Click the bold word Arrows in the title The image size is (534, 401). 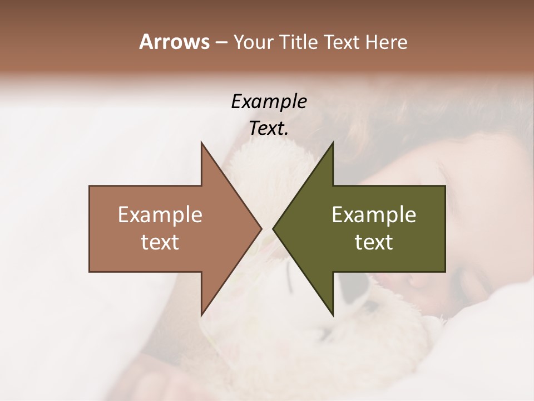click(174, 42)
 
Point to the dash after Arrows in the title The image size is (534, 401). click(221, 42)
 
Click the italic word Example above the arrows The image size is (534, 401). click(269, 101)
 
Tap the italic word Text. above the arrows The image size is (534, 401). click(269, 128)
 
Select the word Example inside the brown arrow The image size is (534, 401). click(160, 215)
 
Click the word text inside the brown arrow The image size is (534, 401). click(160, 242)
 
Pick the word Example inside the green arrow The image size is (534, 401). click(374, 215)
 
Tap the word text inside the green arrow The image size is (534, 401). click(374, 242)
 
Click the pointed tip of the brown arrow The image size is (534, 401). click(261, 228)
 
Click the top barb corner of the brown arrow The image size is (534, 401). click(202, 143)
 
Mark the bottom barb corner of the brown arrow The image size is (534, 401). click(202, 315)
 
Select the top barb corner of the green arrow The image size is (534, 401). click(333, 143)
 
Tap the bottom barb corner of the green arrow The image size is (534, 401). click(333, 315)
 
